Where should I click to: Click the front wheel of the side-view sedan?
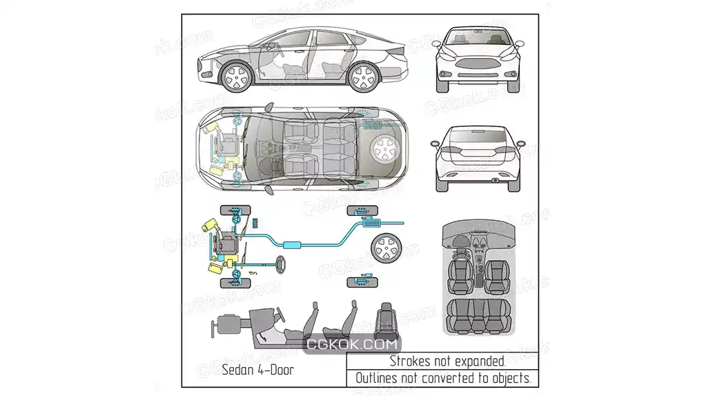click(236, 77)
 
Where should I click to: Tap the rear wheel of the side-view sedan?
click(364, 77)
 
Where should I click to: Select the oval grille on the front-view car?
click(478, 63)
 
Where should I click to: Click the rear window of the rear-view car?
click(478, 135)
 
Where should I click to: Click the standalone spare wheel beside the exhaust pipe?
click(386, 248)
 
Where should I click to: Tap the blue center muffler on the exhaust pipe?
click(292, 245)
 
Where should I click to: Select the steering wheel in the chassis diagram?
click(281, 264)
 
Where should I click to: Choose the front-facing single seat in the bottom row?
click(386, 321)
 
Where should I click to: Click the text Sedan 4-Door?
click(258, 370)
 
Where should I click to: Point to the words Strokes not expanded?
click(448, 361)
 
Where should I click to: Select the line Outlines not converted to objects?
click(444, 378)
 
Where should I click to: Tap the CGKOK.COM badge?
click(352, 344)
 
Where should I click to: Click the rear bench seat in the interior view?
click(478, 316)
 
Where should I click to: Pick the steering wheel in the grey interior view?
click(460, 242)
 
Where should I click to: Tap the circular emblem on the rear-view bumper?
click(496, 181)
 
